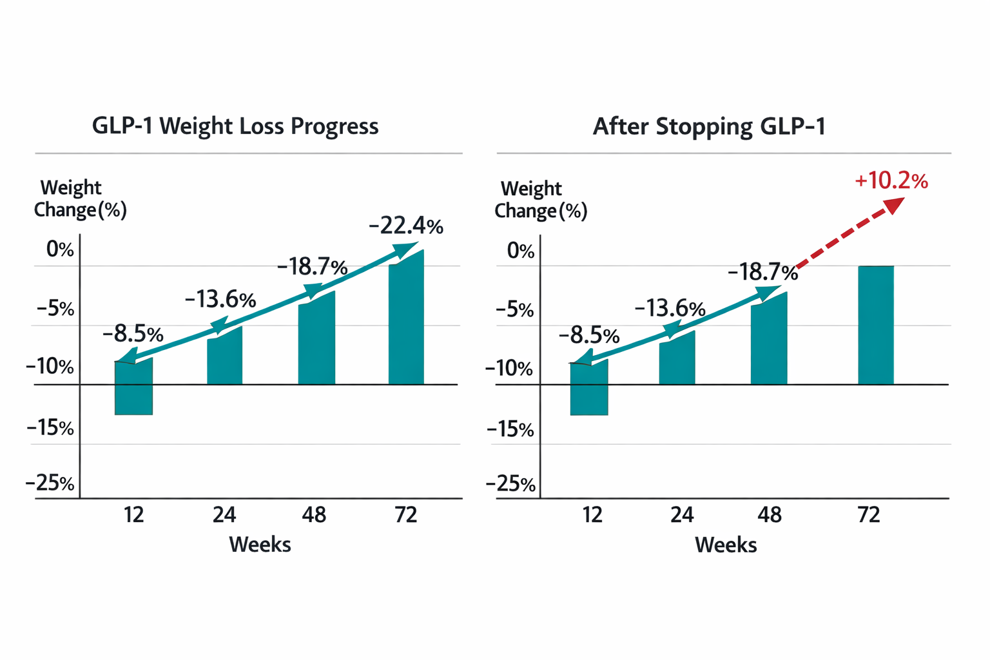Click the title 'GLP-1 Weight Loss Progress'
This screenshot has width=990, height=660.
(x=235, y=126)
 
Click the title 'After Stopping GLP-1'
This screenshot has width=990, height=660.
(x=708, y=126)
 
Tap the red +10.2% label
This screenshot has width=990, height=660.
(x=891, y=181)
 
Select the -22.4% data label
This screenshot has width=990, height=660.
(x=405, y=226)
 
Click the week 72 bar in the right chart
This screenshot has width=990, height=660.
(x=875, y=325)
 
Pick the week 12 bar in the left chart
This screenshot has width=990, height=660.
(x=133, y=387)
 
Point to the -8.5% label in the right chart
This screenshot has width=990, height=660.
(x=588, y=336)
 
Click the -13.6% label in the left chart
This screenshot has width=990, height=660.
(x=220, y=300)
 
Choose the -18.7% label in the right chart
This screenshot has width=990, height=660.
(x=762, y=272)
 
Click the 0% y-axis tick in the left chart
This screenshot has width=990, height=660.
(x=59, y=249)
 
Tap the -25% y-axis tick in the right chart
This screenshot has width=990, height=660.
(x=510, y=484)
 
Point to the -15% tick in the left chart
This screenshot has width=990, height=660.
(x=50, y=427)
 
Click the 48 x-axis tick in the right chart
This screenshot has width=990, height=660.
(x=769, y=515)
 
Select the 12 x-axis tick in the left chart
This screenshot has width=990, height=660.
(x=134, y=515)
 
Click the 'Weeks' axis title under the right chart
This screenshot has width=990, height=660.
(x=725, y=545)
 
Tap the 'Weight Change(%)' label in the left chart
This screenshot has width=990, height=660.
(x=80, y=199)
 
